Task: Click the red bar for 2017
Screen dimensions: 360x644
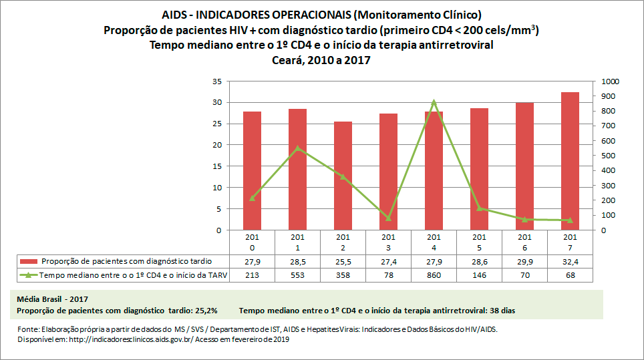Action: click(570, 161)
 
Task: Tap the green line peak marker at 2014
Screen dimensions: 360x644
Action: click(434, 102)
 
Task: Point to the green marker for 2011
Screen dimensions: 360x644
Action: click(297, 148)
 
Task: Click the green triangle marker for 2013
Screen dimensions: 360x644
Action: click(388, 218)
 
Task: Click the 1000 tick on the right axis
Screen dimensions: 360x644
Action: click(611, 81)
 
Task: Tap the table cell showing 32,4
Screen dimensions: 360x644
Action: click(570, 261)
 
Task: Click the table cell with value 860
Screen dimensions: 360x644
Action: click(434, 275)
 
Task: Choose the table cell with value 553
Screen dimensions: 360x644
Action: click(297, 275)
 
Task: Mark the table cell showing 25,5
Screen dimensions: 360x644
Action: click(343, 261)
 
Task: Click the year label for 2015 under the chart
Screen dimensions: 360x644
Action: click(479, 242)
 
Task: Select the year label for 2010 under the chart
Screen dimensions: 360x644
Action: click(252, 242)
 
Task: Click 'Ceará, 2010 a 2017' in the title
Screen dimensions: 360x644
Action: click(321, 60)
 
